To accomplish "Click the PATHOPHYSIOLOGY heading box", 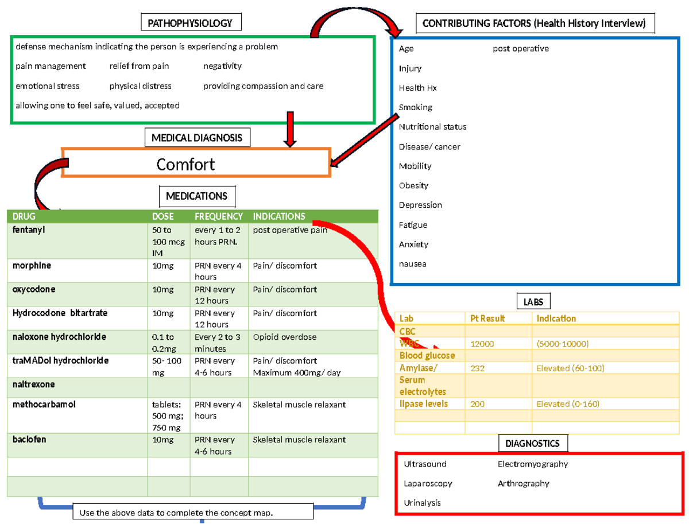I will coord(190,23).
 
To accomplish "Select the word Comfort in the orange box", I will coord(185,165).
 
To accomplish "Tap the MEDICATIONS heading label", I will coord(196,196).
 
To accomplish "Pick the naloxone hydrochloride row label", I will coord(59,337).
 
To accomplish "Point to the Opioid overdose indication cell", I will coord(284,337).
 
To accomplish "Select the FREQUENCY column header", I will coord(218,216).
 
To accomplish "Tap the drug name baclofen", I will coord(29,440).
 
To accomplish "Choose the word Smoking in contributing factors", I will coord(416,107).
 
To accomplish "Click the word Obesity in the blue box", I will coord(413,185).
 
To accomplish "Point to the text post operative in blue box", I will coord(520,49).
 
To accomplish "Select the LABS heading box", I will coord(533,301).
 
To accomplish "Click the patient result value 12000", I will coord(482,344).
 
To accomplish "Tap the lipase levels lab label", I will coord(423,404).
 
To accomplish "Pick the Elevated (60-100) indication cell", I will coord(570,368).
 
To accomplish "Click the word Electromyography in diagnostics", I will coord(532,464).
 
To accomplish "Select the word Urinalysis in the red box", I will coord(422,503).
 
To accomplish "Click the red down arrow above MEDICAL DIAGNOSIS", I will coord(291,129).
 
